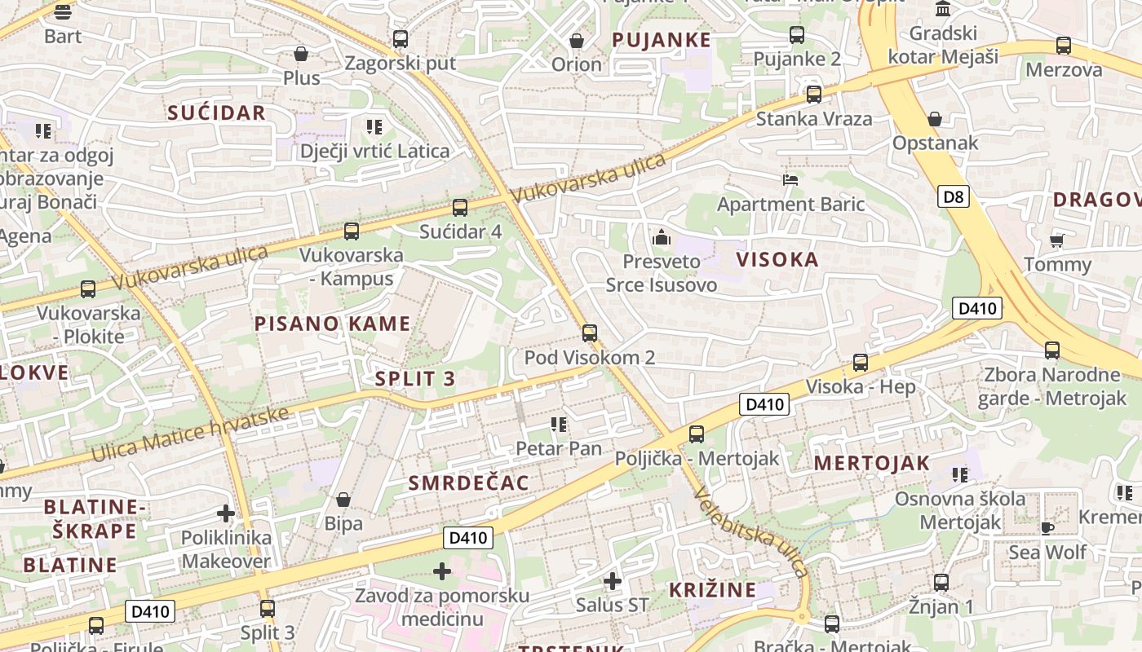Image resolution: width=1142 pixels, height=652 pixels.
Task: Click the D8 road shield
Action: click(x=954, y=196)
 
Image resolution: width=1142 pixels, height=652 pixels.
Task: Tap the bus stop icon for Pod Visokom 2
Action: click(x=590, y=333)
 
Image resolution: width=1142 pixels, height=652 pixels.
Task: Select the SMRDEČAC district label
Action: click(x=469, y=482)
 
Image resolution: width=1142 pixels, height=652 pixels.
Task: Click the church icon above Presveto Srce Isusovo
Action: click(x=662, y=237)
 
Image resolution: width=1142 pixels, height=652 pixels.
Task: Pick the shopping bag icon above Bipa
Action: click(x=343, y=499)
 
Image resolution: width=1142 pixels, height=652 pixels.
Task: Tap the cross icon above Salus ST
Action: click(x=613, y=581)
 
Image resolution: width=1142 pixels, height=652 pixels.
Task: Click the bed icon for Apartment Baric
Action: click(x=790, y=180)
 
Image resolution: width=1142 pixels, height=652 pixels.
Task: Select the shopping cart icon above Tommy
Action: click(x=1057, y=240)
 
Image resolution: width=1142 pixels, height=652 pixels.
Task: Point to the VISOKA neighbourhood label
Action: click(x=777, y=260)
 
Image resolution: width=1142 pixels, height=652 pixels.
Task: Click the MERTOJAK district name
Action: click(x=872, y=463)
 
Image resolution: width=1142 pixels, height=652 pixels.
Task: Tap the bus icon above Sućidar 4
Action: click(x=460, y=208)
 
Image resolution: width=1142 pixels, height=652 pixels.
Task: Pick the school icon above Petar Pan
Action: click(x=559, y=424)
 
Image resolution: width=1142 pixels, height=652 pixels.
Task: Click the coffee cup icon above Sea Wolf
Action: click(x=1047, y=528)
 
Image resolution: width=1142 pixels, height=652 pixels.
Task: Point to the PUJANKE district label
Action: click(x=662, y=40)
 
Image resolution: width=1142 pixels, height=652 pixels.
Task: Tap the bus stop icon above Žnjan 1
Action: click(x=941, y=583)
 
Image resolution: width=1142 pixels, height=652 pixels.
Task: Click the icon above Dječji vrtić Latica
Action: click(x=374, y=127)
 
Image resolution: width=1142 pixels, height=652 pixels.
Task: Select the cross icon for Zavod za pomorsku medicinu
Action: click(x=442, y=571)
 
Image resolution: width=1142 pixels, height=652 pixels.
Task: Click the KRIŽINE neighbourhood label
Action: click(x=713, y=590)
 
